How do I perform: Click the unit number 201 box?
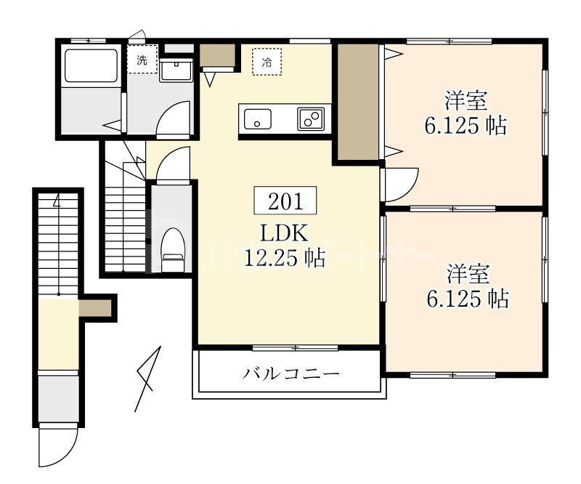tap(285, 201)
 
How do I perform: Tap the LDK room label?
tap(285, 234)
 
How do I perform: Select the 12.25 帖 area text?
tap(285, 257)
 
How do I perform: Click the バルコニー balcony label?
tap(290, 375)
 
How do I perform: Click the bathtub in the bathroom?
tap(91, 65)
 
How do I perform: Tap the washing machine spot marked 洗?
tap(142, 60)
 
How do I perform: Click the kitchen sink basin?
tap(257, 118)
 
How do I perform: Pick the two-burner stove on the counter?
tap(311, 118)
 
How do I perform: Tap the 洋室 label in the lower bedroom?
tap(468, 274)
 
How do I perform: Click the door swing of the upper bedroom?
tap(400, 183)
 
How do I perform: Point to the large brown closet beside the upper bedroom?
tap(357, 102)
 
